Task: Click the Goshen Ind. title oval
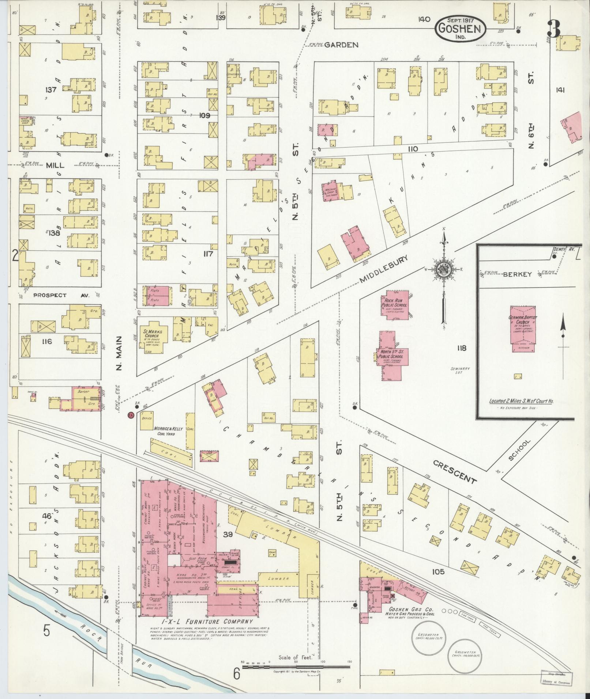click(x=460, y=28)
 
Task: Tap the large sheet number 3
click(x=554, y=29)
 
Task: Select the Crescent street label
click(x=455, y=471)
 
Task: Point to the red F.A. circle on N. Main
click(x=130, y=415)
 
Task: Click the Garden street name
click(x=341, y=45)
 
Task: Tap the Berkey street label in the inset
click(x=522, y=274)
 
